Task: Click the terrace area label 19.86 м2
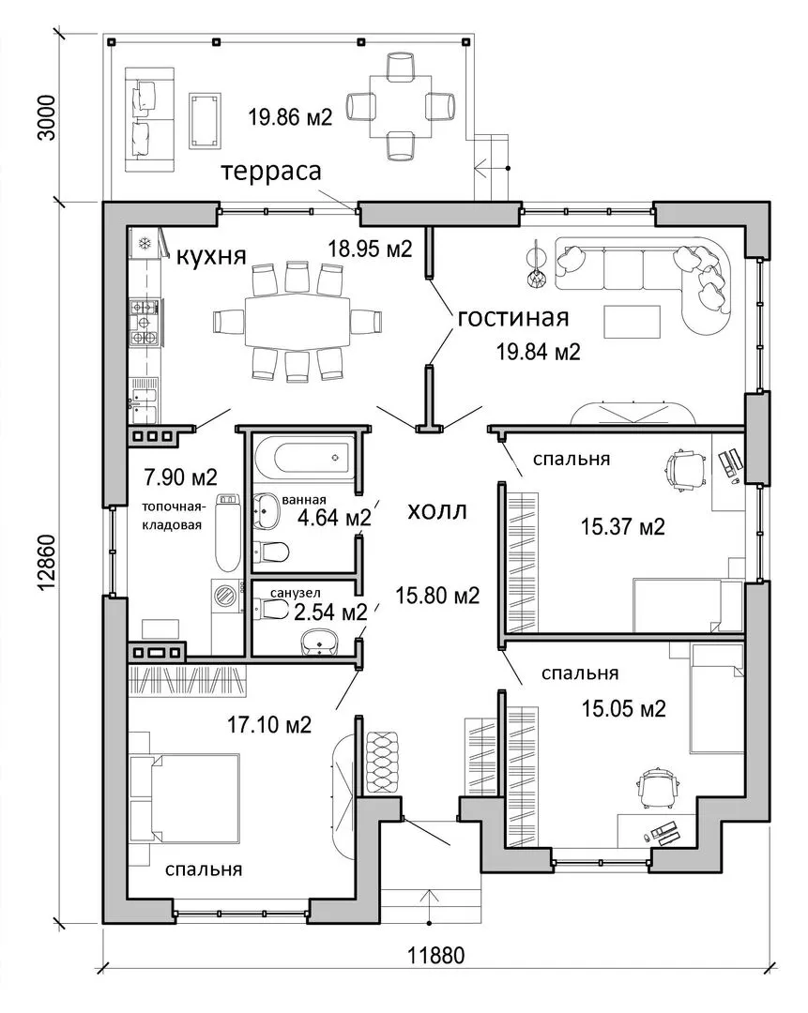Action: [290, 117]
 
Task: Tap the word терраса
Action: [271, 172]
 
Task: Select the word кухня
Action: [211, 256]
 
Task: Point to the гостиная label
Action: [513, 318]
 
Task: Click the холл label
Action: [437, 511]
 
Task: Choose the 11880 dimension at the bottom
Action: [435, 955]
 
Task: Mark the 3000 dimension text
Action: [48, 118]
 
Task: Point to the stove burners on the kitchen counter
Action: [144, 321]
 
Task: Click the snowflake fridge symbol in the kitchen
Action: [145, 244]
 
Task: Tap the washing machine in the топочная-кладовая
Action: [225, 595]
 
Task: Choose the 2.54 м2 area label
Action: [330, 612]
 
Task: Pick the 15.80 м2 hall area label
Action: [437, 595]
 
